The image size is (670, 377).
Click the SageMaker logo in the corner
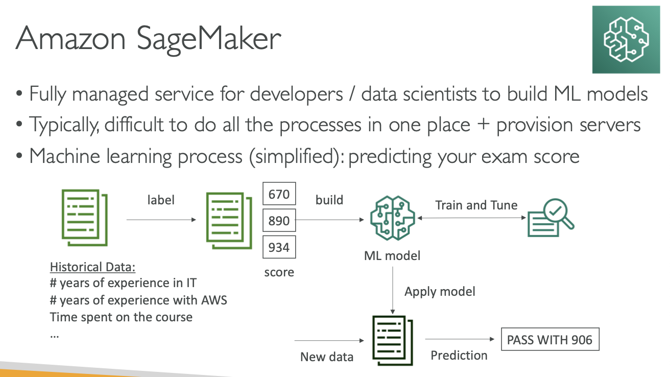(x=627, y=39)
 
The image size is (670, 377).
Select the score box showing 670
(x=279, y=194)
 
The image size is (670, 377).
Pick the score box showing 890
(x=279, y=221)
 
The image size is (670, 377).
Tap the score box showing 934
(x=279, y=247)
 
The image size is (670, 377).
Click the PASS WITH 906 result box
(x=550, y=340)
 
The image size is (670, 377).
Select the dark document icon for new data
(x=392, y=340)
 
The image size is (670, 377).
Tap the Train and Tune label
(x=476, y=205)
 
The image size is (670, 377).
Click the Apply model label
(x=440, y=292)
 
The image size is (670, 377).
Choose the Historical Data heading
(x=96, y=267)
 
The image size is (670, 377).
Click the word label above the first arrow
(x=160, y=200)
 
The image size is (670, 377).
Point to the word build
(x=329, y=200)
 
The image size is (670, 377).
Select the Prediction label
(x=459, y=355)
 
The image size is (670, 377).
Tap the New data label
(x=327, y=357)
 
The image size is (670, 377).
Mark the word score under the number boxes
(x=279, y=272)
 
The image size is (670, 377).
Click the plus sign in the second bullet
(x=482, y=125)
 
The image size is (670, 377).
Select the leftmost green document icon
(x=85, y=216)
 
